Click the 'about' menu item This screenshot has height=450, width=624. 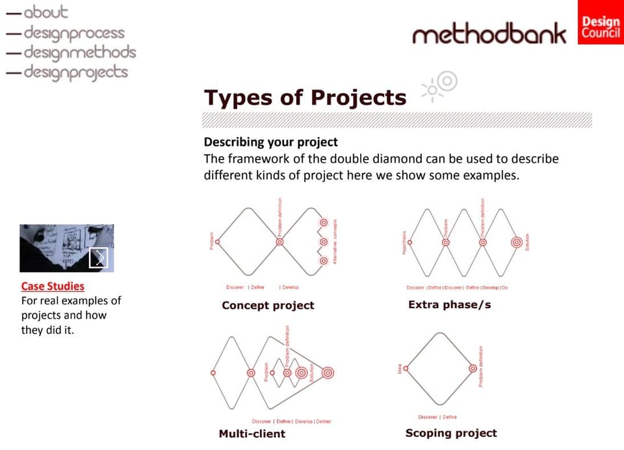pos(45,12)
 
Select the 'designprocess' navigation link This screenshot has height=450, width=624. pos(73,33)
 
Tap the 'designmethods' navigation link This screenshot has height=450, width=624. pos(79,52)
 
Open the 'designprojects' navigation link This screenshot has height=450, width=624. pos(75,72)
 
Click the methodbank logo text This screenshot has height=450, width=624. pos(489,34)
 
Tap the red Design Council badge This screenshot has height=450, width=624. pos(600,23)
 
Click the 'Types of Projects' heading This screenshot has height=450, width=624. pos(305,98)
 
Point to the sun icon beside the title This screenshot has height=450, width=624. pos(440,86)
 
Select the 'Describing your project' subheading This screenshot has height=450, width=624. pos(270,142)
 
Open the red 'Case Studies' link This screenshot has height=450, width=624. pos(53,286)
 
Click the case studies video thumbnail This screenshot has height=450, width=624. pos(66,248)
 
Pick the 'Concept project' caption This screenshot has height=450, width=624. pos(268,305)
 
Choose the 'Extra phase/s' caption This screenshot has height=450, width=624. pos(449,304)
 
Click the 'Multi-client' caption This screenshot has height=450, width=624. pos(252,434)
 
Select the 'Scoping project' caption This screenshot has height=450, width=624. pos(450,433)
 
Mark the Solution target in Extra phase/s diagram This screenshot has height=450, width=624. pos(516,242)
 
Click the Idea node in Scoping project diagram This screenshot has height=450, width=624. pos(406,368)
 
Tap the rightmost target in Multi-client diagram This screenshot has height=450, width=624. pos(328,373)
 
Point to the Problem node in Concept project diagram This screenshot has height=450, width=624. pos(217,242)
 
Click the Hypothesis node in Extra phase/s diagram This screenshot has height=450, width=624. pos(410,242)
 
